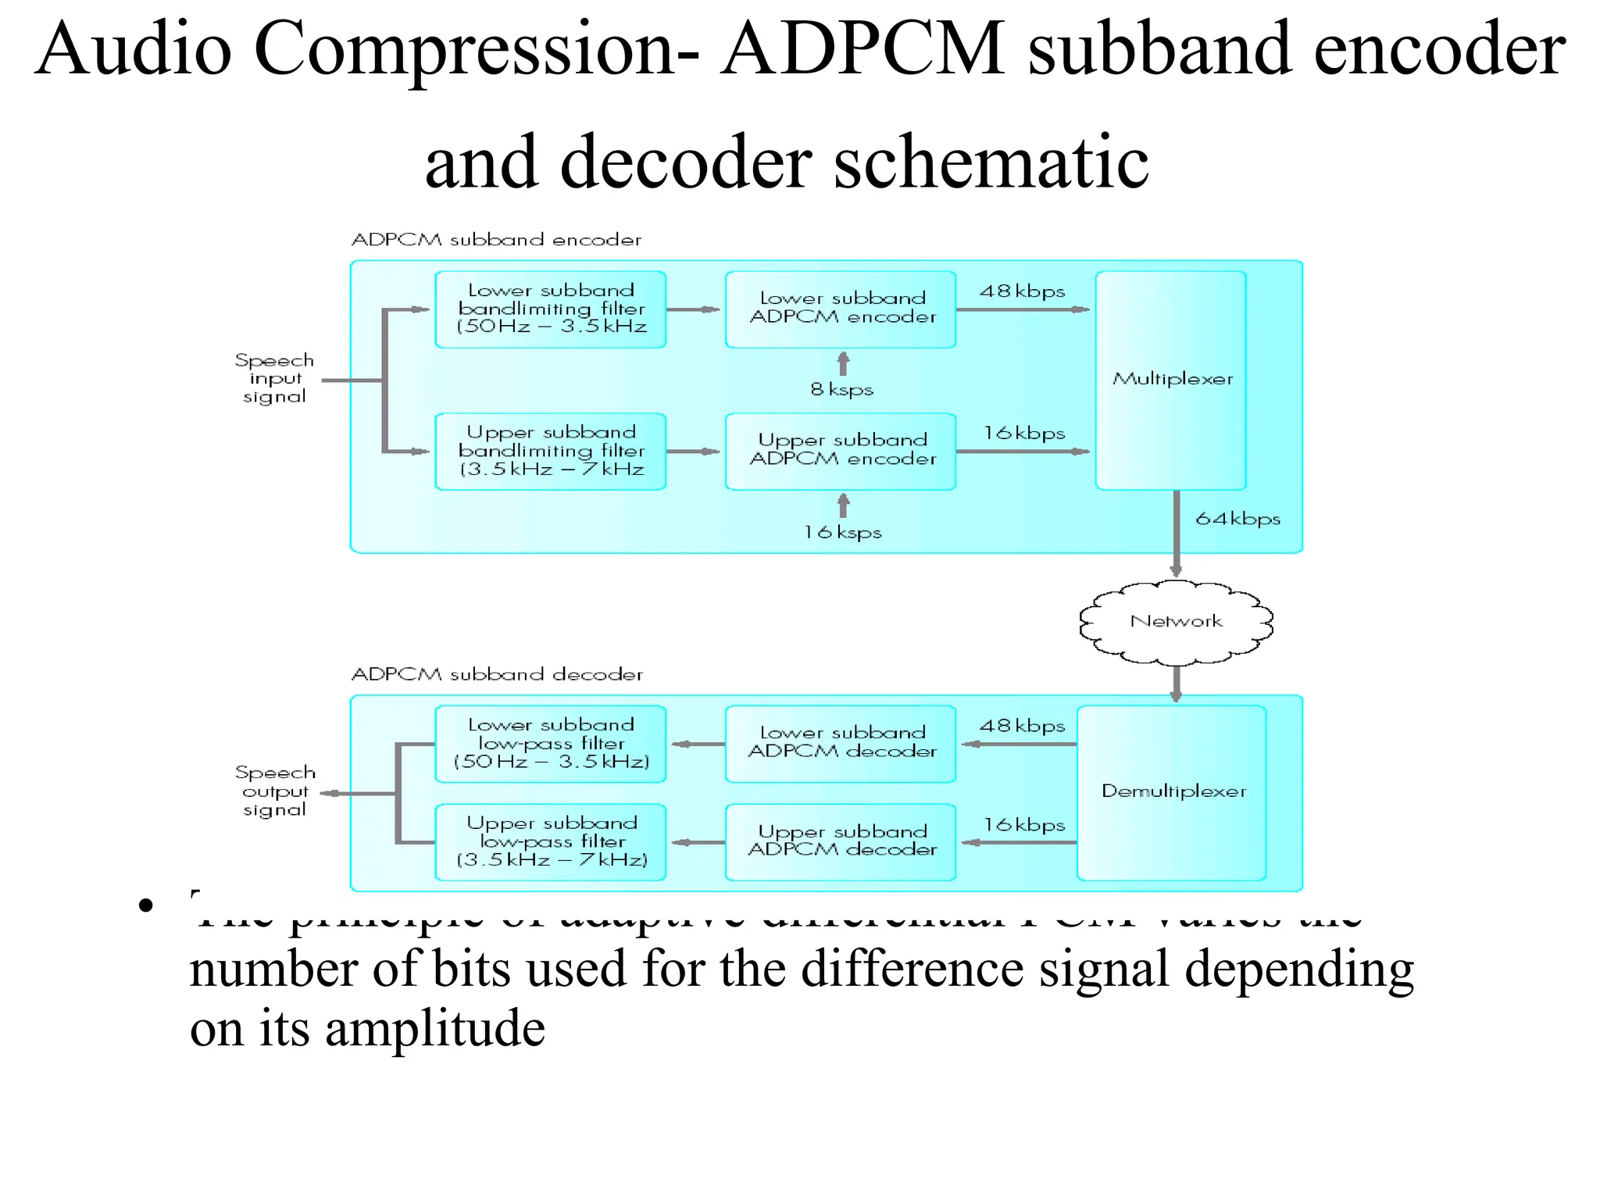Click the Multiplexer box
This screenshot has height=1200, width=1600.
coord(1170,380)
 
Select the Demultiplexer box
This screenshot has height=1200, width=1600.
coord(1172,792)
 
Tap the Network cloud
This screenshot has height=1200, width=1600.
coord(1176,622)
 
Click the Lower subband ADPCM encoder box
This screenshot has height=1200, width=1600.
coord(841,309)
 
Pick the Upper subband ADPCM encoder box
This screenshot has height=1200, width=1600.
coord(841,451)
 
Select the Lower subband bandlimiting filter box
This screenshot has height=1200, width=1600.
coord(551,309)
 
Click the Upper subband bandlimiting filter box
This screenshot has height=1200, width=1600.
coord(551,451)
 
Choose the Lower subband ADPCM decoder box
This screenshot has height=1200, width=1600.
coord(841,743)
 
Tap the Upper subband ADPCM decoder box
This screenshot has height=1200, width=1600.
coord(841,841)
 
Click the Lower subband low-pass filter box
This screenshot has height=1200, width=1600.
coord(551,743)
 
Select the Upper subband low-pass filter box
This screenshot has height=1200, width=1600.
coord(551,841)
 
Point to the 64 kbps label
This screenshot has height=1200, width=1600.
coord(1237,519)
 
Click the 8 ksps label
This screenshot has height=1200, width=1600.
coord(841,389)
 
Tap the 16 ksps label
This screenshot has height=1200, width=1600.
coord(842,532)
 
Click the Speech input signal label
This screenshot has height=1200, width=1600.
coord(274,379)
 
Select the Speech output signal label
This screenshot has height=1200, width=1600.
coord(275,791)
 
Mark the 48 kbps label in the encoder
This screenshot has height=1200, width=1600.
coord(1022,291)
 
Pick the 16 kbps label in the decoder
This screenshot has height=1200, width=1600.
coord(1023,825)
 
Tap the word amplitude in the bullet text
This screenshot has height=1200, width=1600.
coord(435,1029)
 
